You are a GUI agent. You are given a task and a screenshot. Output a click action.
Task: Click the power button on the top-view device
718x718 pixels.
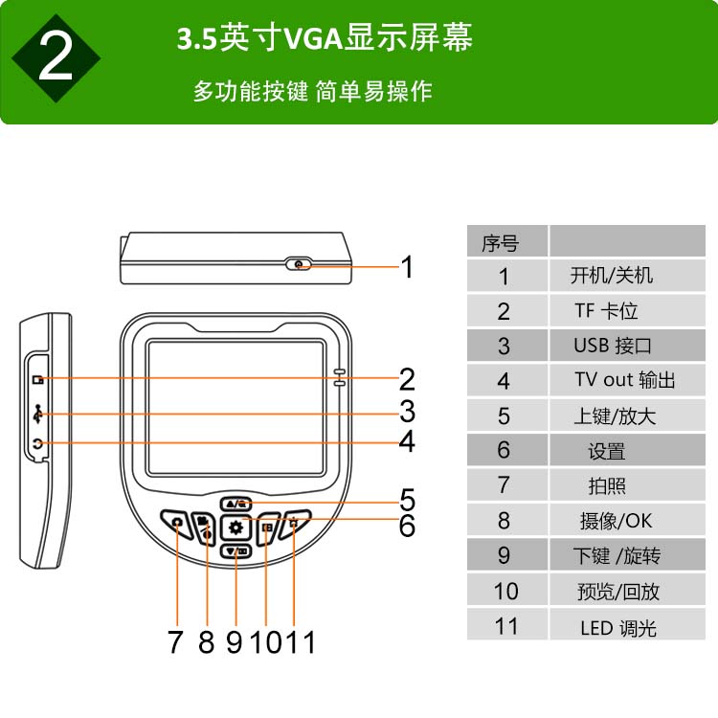[298, 264]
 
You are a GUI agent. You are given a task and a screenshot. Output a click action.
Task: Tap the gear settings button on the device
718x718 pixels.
[236, 527]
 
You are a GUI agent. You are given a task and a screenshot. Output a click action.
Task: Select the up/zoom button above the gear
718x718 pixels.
[236, 505]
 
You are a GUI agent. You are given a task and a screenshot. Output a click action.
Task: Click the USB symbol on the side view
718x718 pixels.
[38, 414]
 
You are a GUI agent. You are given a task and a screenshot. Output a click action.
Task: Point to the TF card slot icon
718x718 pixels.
[38, 379]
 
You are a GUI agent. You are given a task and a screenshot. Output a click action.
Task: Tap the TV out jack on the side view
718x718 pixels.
[38, 443]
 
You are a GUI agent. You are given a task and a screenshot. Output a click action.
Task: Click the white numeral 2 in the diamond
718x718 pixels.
[56, 57]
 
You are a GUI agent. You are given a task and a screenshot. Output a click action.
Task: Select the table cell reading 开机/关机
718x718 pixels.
[627, 276]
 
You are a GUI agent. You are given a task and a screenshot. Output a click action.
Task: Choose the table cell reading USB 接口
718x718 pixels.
[627, 346]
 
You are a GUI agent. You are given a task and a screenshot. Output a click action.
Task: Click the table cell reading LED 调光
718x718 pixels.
[627, 625]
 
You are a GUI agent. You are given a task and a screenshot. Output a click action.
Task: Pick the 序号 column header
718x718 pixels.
[507, 241]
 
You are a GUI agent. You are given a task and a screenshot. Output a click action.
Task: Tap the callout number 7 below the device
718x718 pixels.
[175, 641]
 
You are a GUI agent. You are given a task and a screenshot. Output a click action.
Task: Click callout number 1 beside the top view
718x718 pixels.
[407, 266]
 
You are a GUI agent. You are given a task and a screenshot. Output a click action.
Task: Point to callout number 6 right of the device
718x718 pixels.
[407, 526]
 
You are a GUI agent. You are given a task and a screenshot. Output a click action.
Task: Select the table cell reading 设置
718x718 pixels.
[627, 450]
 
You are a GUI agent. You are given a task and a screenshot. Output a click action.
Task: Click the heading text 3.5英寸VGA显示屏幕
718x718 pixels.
[325, 37]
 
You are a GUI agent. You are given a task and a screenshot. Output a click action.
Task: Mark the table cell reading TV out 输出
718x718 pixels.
[627, 380]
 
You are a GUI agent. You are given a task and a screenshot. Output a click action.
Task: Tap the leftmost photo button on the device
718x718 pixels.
[177, 523]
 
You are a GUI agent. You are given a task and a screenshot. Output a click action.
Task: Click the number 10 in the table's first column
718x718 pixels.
[506, 591]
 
